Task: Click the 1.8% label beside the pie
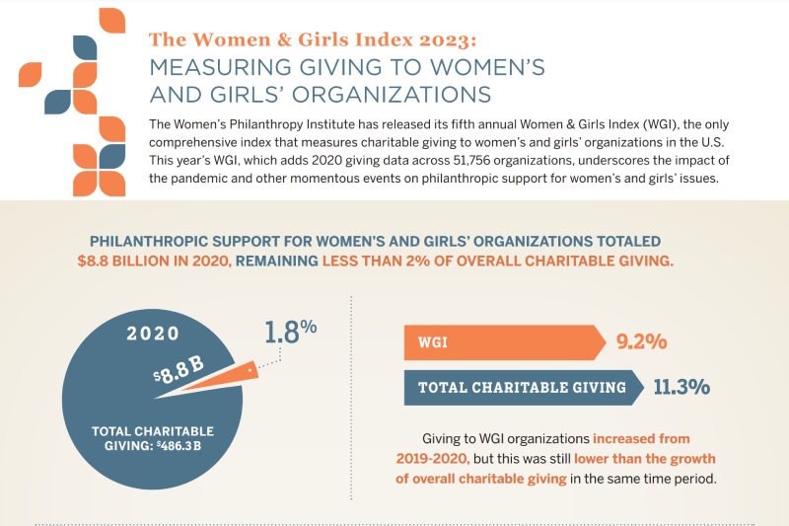(x=290, y=333)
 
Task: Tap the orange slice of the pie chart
(x=228, y=377)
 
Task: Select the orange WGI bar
(x=503, y=342)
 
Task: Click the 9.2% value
(x=642, y=342)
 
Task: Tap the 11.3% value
(x=681, y=387)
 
